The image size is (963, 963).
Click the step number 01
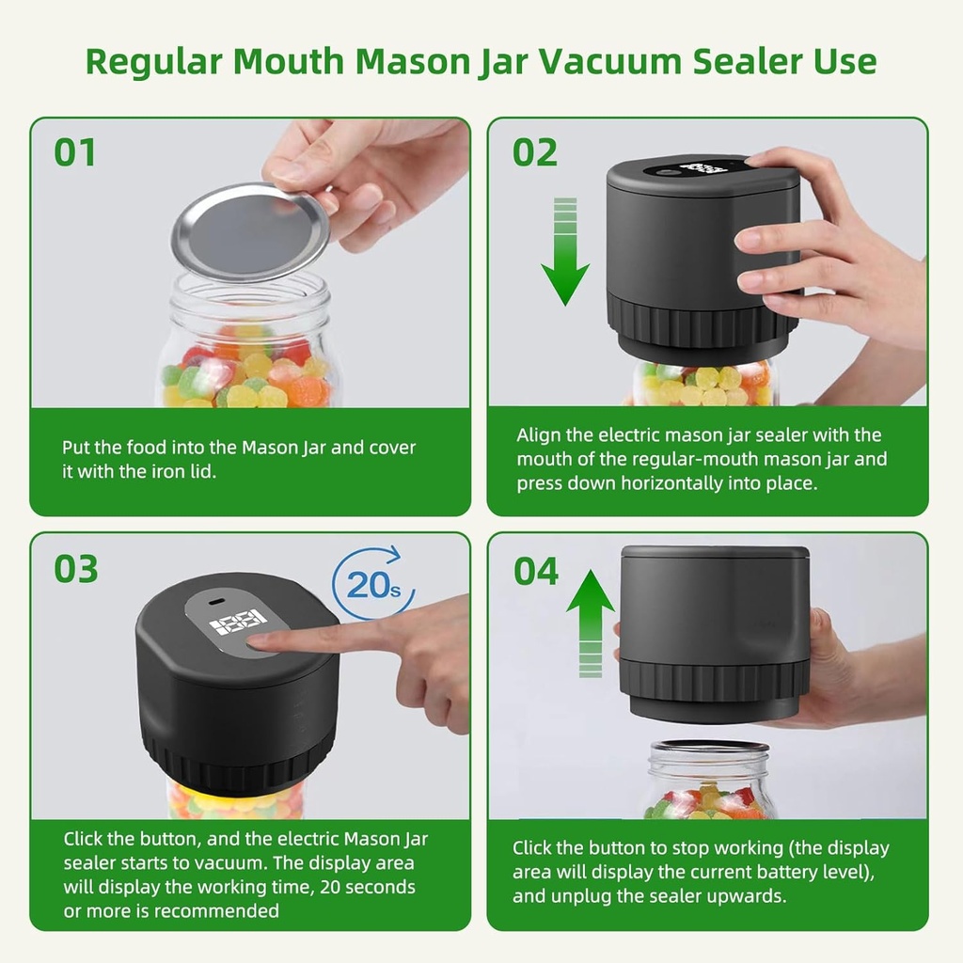point(75,152)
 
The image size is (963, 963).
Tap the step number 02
point(535,152)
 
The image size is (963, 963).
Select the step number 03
point(76,569)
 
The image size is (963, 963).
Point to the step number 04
point(536,571)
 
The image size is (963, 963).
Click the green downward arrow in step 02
point(565,252)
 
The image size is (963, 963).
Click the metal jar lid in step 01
point(250,231)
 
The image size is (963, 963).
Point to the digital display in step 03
point(236,622)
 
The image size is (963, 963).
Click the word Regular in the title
point(152,61)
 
